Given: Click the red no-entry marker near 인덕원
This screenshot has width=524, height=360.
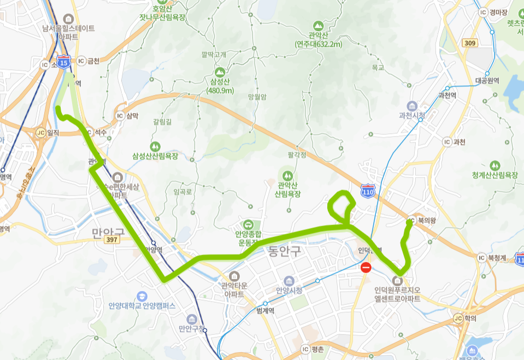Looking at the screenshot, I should pyautogui.click(x=366, y=268).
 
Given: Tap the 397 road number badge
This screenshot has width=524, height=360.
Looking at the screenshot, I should pyautogui.click(x=113, y=240).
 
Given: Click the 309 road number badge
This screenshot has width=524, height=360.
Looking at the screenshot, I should pyautogui.click(x=469, y=43).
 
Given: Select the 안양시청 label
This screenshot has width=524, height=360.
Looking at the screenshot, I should pyautogui.click(x=289, y=290).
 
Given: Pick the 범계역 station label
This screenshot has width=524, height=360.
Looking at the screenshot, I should pyautogui.click(x=264, y=310).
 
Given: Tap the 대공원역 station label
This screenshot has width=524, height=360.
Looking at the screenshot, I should pyautogui.click(x=487, y=81).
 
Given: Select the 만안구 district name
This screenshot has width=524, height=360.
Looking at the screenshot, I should pyautogui.click(x=108, y=232).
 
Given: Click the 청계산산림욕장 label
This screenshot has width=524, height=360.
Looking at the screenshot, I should pyautogui.click(x=494, y=175).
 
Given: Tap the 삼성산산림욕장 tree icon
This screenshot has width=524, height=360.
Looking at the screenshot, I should pyautogui.click(x=156, y=146).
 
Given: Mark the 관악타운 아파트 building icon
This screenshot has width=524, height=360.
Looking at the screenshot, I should pyautogui.click(x=234, y=275).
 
